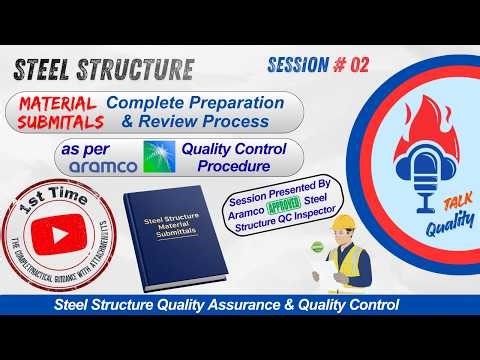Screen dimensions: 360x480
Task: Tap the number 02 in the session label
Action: tap(357, 65)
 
